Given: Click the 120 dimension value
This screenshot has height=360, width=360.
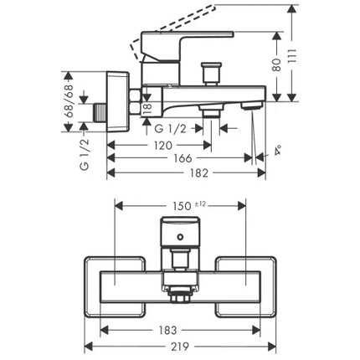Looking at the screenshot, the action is click(163, 146).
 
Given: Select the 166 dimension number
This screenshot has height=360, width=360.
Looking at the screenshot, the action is click(183, 158).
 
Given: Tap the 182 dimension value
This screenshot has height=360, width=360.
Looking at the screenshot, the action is click(199, 173).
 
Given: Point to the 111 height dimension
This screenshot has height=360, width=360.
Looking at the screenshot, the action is click(292, 57).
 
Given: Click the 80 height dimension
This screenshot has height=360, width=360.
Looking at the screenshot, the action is click(276, 64).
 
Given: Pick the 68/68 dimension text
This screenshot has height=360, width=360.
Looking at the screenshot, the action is click(69, 101).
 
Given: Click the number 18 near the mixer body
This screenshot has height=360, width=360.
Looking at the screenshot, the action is click(147, 108).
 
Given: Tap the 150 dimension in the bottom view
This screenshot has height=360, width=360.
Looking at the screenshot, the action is click(182, 206).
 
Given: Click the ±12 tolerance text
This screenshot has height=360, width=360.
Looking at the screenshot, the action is click(200, 204).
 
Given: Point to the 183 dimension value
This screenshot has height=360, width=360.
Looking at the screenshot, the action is click(167, 331).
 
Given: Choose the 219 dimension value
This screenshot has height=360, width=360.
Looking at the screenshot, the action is click(179, 347).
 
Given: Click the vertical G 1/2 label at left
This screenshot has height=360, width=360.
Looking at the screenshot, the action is click(85, 154).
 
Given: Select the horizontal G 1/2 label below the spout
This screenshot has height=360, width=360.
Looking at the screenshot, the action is click(170, 129).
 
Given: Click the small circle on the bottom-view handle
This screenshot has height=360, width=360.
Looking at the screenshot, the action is click(180, 238).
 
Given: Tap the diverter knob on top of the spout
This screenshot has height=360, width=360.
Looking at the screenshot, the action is click(211, 73).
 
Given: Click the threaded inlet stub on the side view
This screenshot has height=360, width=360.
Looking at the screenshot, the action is click(100, 113).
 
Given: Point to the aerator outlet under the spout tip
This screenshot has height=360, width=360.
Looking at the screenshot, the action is click(251, 105).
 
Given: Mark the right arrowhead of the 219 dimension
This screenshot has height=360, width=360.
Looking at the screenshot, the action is click(272, 347).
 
